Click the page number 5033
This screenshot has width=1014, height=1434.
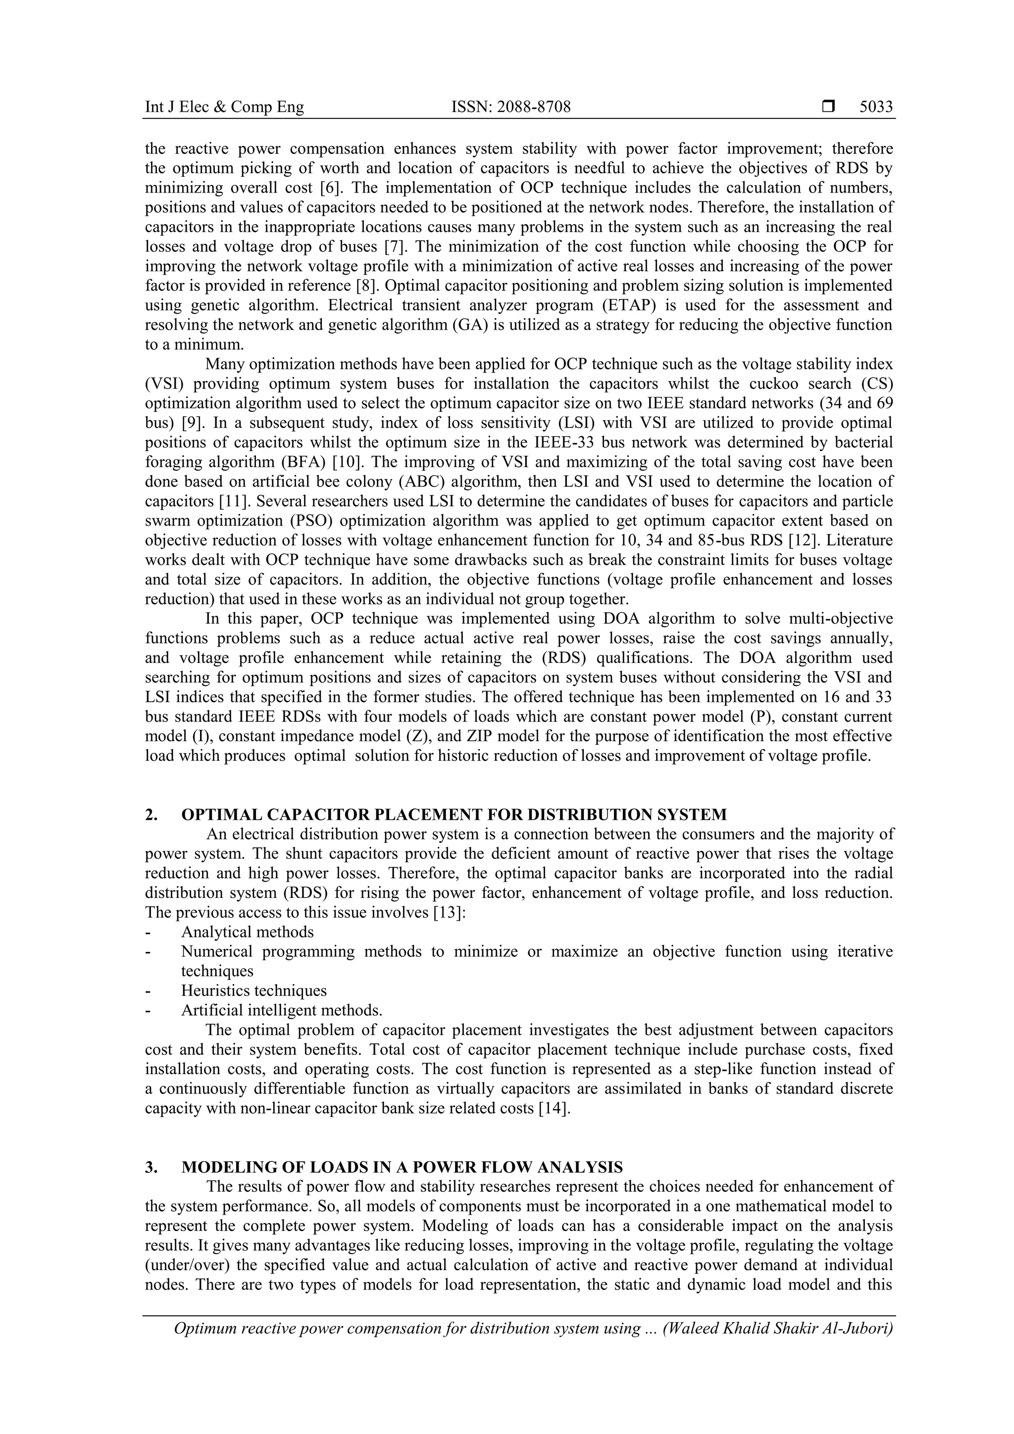pyautogui.click(x=876, y=107)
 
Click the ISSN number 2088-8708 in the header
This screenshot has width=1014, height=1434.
pyautogui.click(x=510, y=107)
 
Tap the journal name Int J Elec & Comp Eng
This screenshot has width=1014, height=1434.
pyautogui.click(x=224, y=107)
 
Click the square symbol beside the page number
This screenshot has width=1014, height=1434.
pyautogui.click(x=828, y=107)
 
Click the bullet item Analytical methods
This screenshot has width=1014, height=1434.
pyautogui.click(x=248, y=932)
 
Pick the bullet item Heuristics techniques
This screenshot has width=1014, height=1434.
pyautogui.click(x=253, y=990)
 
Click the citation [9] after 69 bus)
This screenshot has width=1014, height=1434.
pyautogui.click(x=191, y=423)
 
